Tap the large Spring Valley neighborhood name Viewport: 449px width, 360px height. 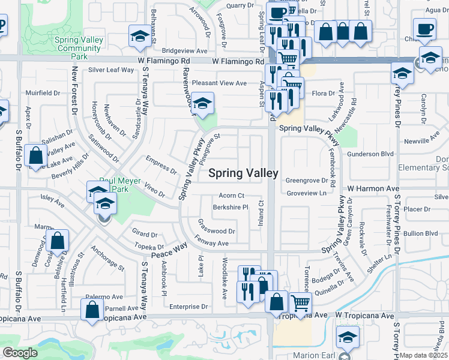click(x=243, y=173)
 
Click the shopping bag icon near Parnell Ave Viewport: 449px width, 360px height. click(x=92, y=311)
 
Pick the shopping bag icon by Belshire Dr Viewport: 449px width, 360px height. click(x=57, y=242)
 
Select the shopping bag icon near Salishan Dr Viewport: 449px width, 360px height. click(x=36, y=155)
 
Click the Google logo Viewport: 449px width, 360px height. click(x=20, y=353)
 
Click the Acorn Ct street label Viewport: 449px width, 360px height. click(x=231, y=196)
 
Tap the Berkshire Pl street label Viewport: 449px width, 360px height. click(x=231, y=208)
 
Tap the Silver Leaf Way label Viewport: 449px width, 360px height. click(x=111, y=70)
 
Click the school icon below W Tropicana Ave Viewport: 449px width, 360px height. click(x=348, y=337)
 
